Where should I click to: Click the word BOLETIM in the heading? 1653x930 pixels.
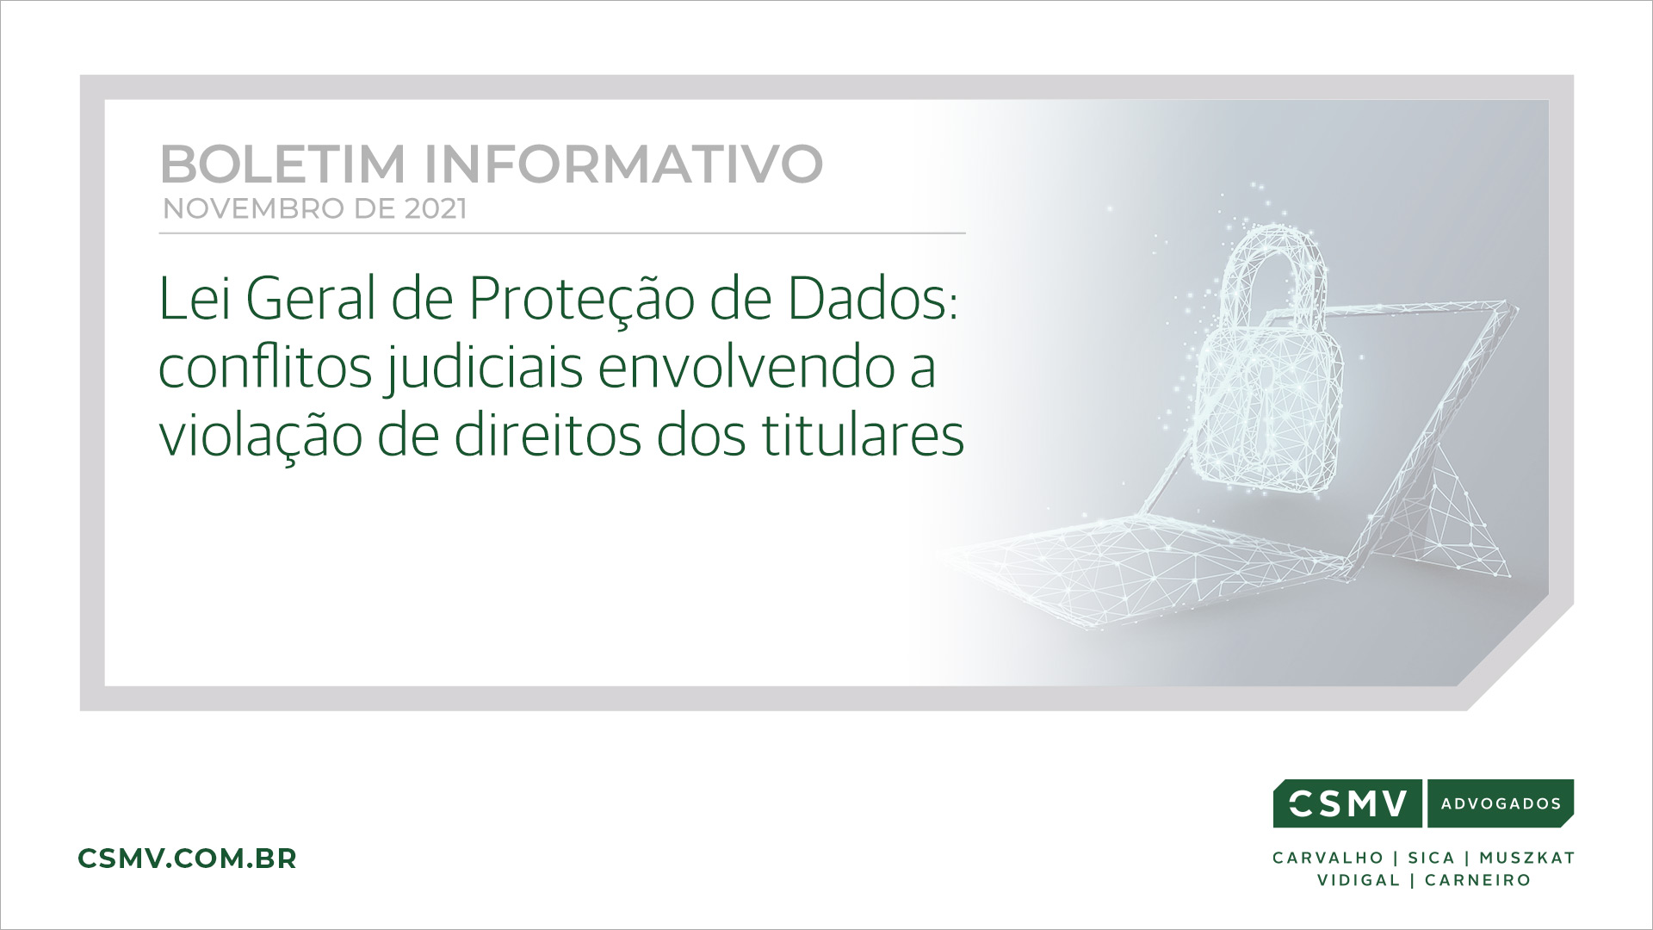click(x=282, y=164)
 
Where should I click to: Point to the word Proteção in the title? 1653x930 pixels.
click(x=582, y=299)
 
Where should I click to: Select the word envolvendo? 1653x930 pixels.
click(x=747, y=367)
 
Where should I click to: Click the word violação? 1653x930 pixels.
click(x=261, y=436)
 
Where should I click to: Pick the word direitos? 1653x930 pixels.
click(x=548, y=436)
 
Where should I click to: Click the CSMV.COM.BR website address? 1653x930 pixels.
click(x=187, y=859)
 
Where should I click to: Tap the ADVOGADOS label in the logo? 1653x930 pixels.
click(x=1501, y=803)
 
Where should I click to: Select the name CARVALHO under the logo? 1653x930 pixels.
click(x=1328, y=858)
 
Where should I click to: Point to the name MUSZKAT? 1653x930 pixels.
click(x=1527, y=858)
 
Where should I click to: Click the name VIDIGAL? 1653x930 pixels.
click(x=1359, y=880)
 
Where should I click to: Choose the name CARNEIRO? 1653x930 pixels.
click(x=1477, y=880)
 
